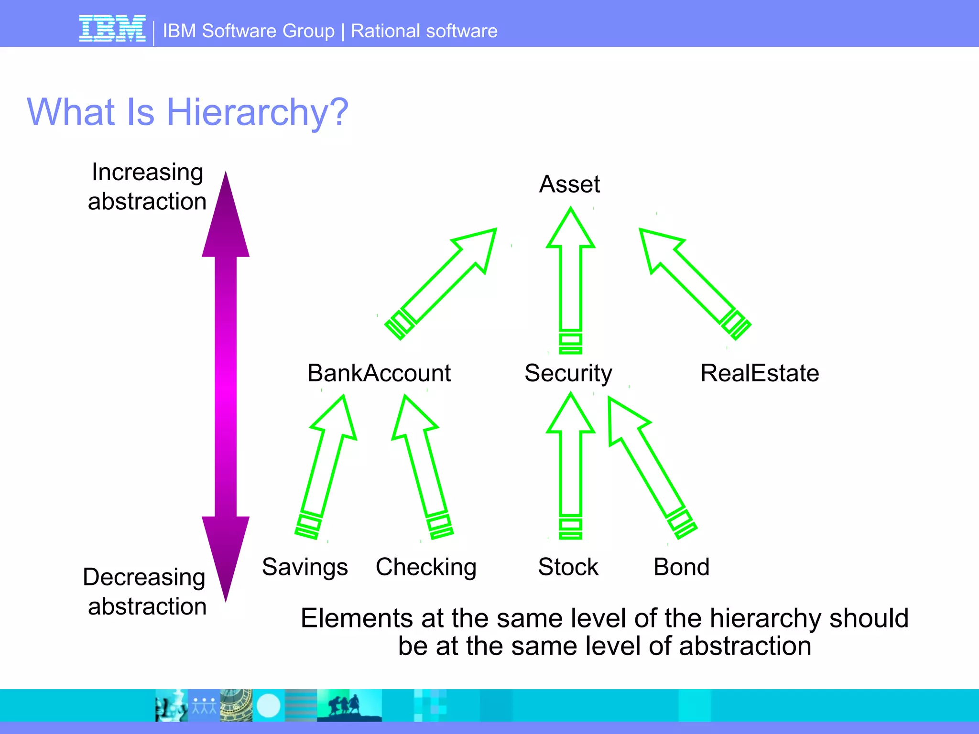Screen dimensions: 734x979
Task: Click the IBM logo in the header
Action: click(x=112, y=29)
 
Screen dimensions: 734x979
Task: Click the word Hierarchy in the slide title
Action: click(x=257, y=112)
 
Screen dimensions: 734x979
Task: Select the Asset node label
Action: click(x=569, y=184)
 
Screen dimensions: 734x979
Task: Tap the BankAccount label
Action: click(x=379, y=373)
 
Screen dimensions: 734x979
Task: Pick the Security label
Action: click(x=568, y=373)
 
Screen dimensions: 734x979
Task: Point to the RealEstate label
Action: click(x=760, y=373)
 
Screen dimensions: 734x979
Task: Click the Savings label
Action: click(x=305, y=567)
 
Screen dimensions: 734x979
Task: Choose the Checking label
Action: click(x=426, y=567)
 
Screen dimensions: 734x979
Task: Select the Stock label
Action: click(x=568, y=567)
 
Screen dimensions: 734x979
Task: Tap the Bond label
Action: click(x=681, y=567)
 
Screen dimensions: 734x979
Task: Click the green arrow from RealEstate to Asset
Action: click(x=693, y=282)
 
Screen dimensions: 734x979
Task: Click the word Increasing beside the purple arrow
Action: click(x=147, y=172)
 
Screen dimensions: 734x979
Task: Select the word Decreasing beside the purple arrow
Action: click(x=144, y=577)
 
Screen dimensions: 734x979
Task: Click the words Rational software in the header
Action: click(x=424, y=31)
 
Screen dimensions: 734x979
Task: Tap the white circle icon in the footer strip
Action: click(x=269, y=705)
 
